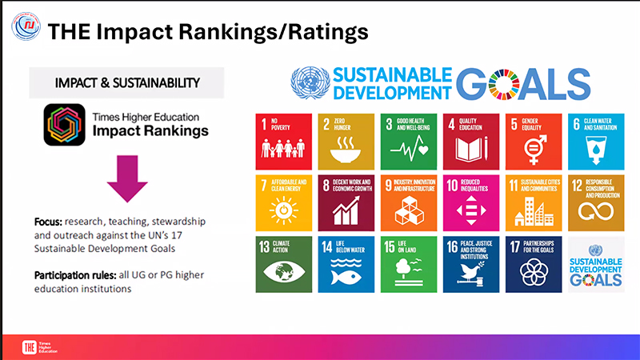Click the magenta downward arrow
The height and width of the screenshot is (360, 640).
tap(127, 178)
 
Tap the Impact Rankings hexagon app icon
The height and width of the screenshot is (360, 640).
tap(66, 125)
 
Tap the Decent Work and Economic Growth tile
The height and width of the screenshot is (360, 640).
tap(346, 202)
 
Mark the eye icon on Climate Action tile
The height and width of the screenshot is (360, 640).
tap(285, 274)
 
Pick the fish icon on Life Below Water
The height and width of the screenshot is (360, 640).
tap(346, 274)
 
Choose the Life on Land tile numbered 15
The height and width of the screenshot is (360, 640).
tap(409, 264)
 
